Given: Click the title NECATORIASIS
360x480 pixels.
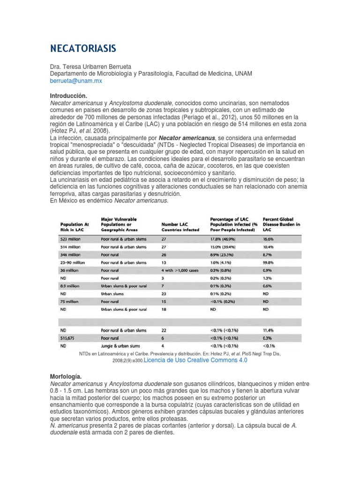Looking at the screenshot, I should pyautogui.click(x=83, y=49).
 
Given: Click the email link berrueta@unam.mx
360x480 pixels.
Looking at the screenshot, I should pyautogui.click(x=75, y=81).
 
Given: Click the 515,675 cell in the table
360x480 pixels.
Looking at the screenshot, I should pyautogui.click(x=68, y=337).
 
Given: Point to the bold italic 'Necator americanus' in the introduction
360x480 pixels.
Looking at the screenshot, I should pyautogui.click(x=187, y=138).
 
